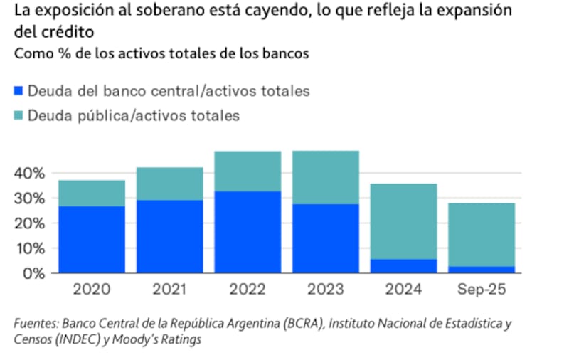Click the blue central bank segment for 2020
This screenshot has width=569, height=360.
(92, 240)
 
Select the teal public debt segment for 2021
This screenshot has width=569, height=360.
(170, 184)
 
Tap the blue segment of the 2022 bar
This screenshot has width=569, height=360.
(248, 232)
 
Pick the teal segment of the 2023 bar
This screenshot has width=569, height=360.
(326, 178)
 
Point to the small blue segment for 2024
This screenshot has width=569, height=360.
(404, 266)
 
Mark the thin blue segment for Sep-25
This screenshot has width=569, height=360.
(482, 270)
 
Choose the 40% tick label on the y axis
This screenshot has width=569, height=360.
(31, 174)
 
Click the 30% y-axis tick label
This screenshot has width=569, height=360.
(31, 198)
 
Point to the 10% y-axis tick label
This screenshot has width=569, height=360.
(31, 248)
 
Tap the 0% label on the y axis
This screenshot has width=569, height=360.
(34, 273)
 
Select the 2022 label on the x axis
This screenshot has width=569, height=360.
(248, 290)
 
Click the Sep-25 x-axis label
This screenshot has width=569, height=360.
(482, 290)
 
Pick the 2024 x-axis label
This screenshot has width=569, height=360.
(404, 290)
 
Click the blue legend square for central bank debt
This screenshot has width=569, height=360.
(18, 91)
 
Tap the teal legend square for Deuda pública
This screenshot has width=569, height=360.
(18, 116)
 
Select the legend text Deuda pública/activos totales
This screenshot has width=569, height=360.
(134, 116)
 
